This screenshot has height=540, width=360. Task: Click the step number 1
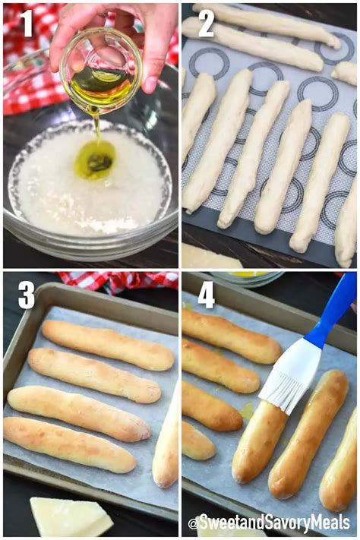point(27,24)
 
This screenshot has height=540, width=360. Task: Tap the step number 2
point(206,24)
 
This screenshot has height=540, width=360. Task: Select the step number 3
point(27,295)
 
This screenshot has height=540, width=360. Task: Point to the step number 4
point(206,295)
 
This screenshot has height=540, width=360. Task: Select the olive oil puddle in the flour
point(95,161)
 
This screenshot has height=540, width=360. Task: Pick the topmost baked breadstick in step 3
point(107,345)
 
